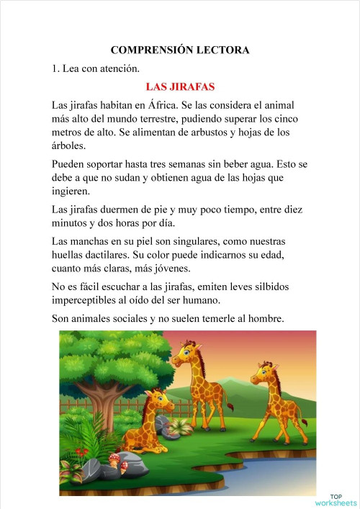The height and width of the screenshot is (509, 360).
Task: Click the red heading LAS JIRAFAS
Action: click(180, 87)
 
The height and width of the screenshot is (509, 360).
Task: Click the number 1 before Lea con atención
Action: click(55, 69)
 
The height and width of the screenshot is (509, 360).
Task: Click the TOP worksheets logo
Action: click(336, 500)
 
